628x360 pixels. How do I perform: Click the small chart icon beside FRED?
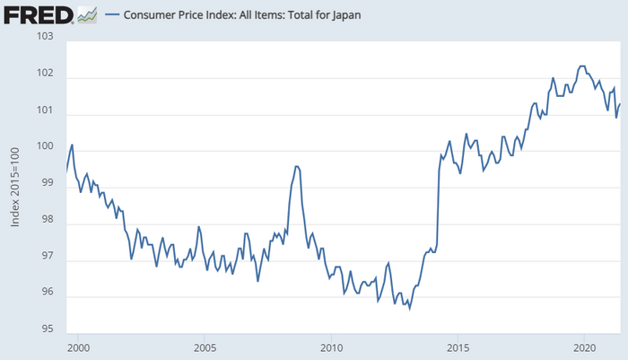[x=87, y=14]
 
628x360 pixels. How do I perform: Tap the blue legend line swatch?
[x=113, y=15]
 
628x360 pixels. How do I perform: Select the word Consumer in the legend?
[x=155, y=15]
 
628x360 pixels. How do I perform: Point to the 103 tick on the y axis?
[x=47, y=37]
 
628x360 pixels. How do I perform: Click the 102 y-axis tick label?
[x=47, y=75]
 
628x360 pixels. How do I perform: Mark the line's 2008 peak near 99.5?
[x=297, y=166]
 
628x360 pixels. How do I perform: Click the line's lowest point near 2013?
[x=409, y=309]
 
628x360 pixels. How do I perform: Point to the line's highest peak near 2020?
[x=582, y=66]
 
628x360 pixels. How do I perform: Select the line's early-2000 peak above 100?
[x=72, y=145]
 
